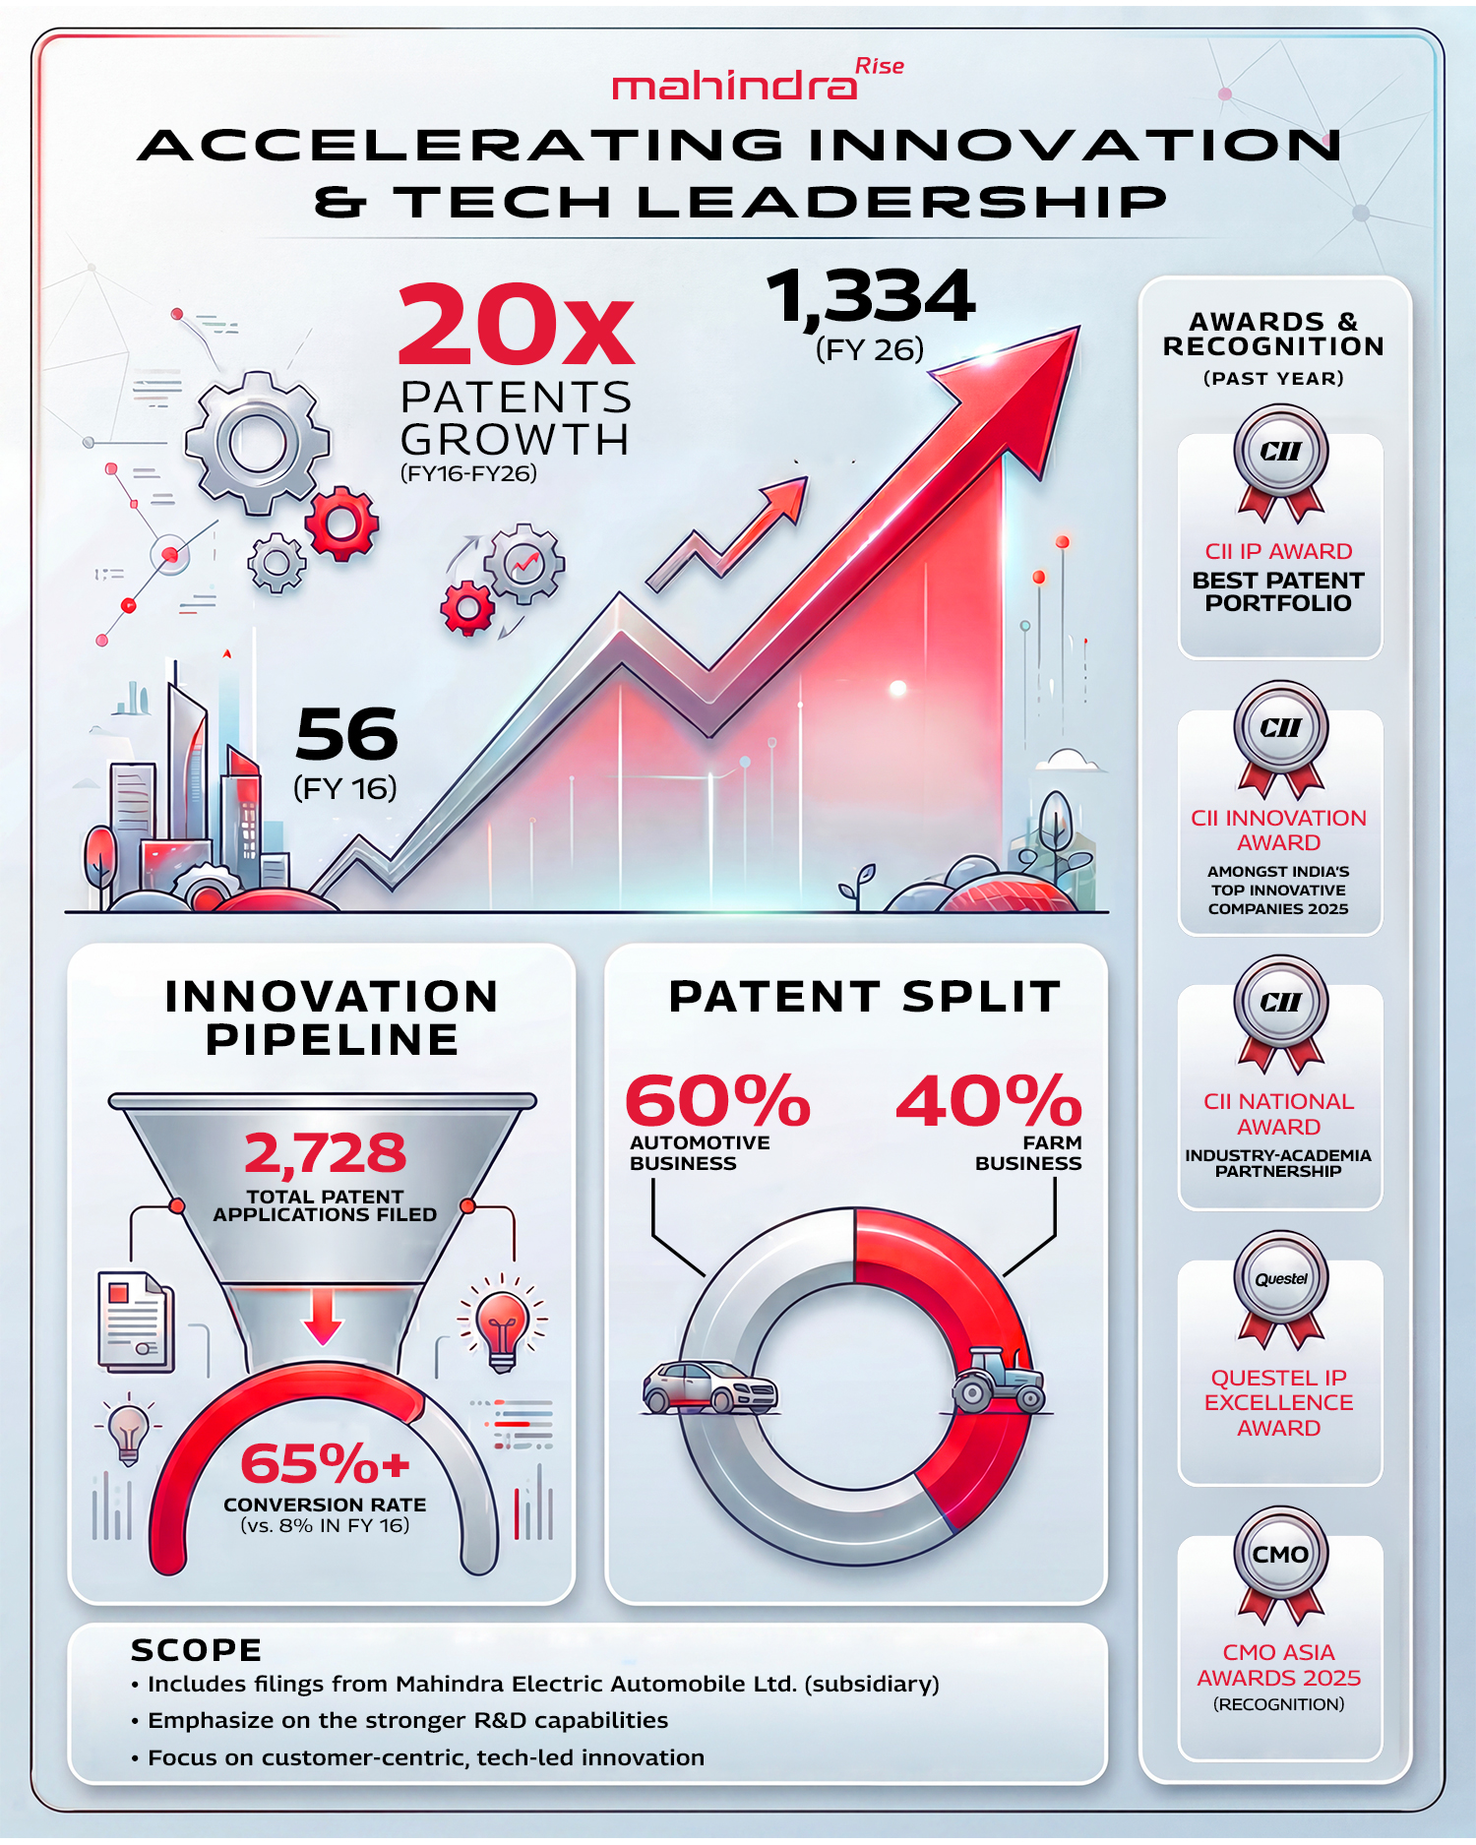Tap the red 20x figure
tap(516, 326)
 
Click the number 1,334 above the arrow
tap(871, 297)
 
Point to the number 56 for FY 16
tap(346, 735)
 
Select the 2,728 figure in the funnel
tap(325, 1153)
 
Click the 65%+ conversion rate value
tap(325, 1464)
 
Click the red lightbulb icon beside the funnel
tap(502, 1323)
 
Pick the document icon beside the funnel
tap(136, 1322)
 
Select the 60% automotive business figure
tap(717, 1101)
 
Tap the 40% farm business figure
tap(988, 1101)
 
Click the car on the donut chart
tap(709, 1387)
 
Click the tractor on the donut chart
tap(998, 1381)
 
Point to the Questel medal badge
tap(1280, 1280)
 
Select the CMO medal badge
tap(1280, 1556)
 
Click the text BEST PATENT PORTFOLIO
tap(1278, 591)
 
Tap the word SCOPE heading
tap(196, 1650)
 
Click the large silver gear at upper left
tap(258, 443)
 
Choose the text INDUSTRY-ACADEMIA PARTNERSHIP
tap(1278, 1163)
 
